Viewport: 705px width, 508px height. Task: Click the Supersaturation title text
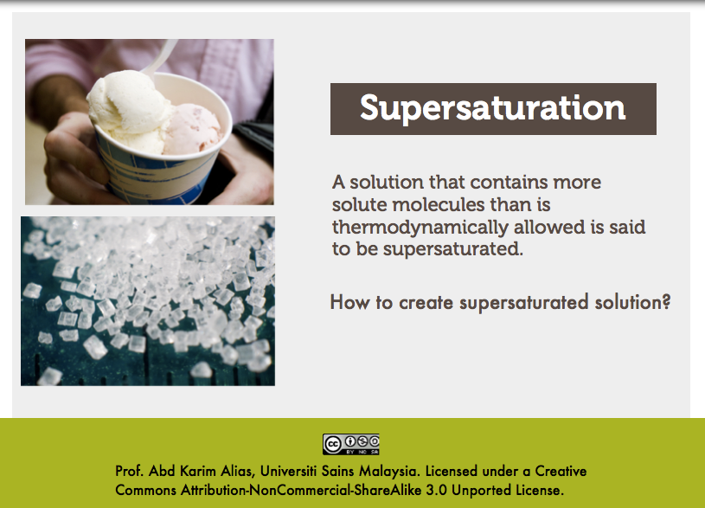pyautogui.click(x=492, y=108)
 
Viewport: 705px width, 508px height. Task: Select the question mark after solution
pyautogui.click(x=666, y=303)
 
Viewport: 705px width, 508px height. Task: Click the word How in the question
pyautogui.click(x=348, y=303)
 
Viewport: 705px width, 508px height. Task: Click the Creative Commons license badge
pyautogui.click(x=351, y=444)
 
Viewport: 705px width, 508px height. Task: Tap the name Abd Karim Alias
pyautogui.click(x=183, y=472)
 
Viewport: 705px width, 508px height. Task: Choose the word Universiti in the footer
pyautogui.click(x=290, y=472)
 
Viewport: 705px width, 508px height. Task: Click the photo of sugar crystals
pyautogui.click(x=148, y=301)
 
